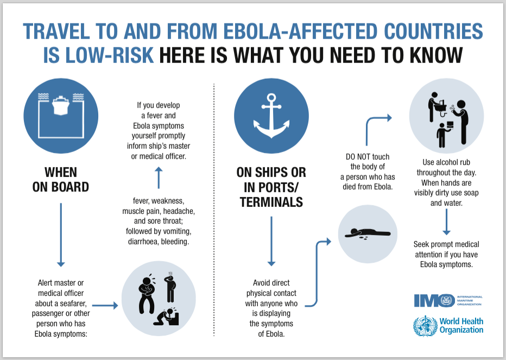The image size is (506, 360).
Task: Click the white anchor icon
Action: point(271,116)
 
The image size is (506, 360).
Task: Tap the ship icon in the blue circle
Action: point(61,105)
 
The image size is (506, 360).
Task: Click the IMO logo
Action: point(448,300)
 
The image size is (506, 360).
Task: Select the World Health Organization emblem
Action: point(426,326)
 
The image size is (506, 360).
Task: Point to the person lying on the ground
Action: point(368,232)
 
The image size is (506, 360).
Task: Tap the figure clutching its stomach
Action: point(147,294)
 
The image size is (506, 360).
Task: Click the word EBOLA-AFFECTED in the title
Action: point(300,31)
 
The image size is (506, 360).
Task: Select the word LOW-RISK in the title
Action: point(98,55)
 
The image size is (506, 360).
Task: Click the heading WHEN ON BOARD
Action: point(61,180)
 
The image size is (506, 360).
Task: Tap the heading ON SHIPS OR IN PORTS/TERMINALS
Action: point(271,187)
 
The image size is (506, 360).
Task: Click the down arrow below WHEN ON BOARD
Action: point(61,235)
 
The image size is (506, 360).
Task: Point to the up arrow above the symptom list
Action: point(159,178)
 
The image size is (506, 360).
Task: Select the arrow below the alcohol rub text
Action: point(447,222)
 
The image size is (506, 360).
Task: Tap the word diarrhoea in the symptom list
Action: point(143,242)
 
